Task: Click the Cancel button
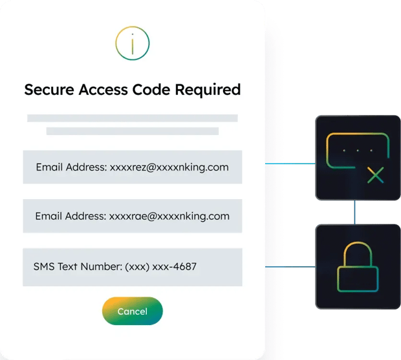point(133,312)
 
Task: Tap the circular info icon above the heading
point(132,43)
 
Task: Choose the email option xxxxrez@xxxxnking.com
point(133,167)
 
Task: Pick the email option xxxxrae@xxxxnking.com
point(133,217)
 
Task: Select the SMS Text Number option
point(133,266)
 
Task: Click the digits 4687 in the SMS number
point(184,266)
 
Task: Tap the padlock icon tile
point(358,266)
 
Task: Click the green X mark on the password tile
point(375,175)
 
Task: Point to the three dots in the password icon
point(354,150)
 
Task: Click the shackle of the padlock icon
point(358,251)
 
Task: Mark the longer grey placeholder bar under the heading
point(132,118)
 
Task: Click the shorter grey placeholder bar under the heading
point(132,131)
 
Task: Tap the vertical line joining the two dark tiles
point(354,211)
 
